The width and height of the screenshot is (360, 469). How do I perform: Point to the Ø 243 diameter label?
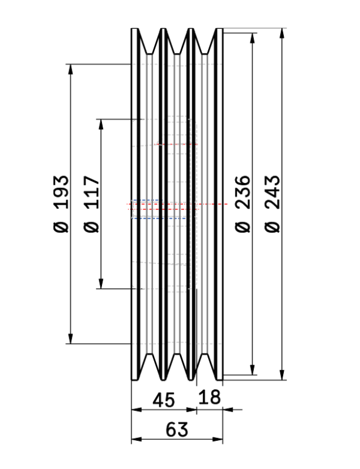pos(274,203)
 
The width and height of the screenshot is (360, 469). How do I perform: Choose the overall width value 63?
pos(177,430)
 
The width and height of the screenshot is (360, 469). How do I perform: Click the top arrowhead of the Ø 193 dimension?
pos(71,68)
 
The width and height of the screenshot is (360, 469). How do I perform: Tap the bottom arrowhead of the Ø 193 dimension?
pos(71,339)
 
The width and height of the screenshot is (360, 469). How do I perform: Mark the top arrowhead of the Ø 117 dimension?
pos(101,124)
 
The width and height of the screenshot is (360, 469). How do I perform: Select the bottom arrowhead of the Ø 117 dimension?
pos(101,284)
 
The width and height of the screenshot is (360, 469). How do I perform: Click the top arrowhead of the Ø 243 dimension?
pos(283,33)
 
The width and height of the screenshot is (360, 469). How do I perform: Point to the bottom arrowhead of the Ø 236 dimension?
pos(253,370)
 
